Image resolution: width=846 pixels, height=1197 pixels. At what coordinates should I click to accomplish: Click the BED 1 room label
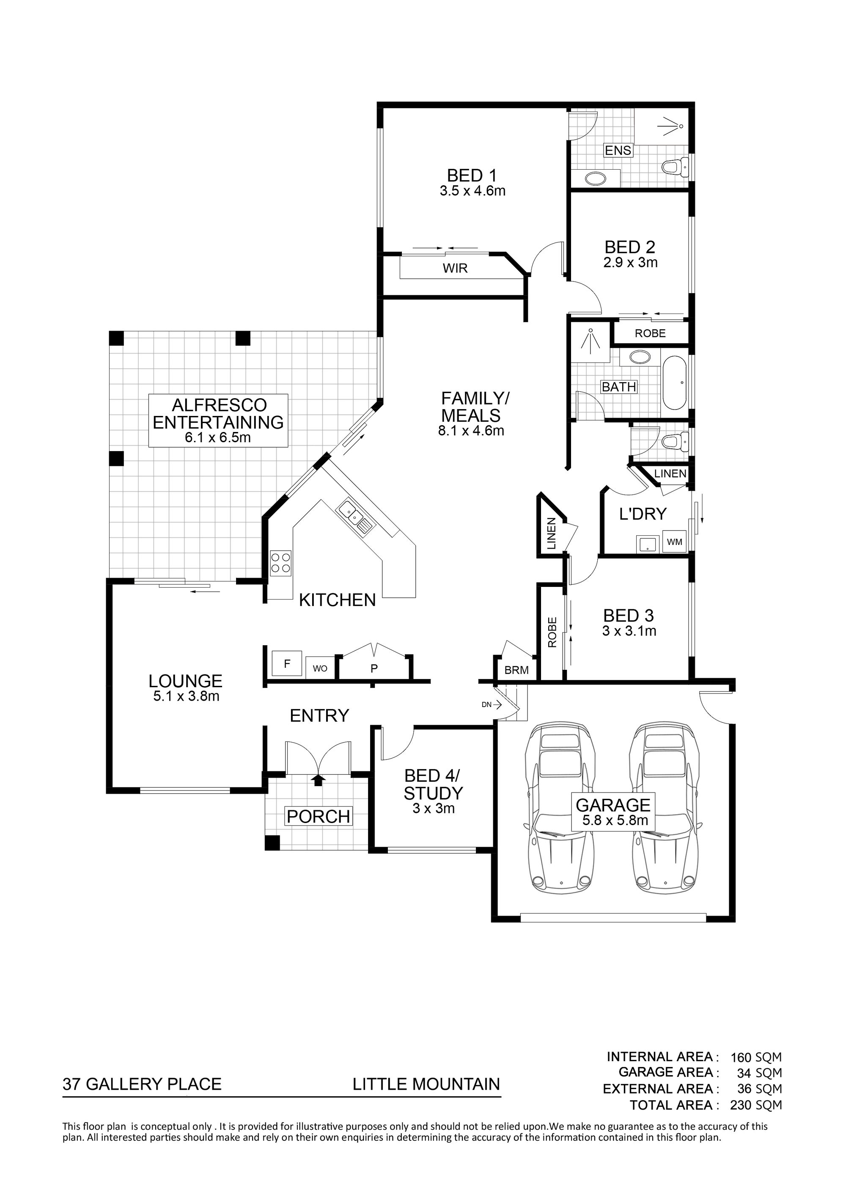[x=472, y=176]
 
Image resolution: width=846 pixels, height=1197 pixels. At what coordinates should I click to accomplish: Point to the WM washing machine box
[x=675, y=542]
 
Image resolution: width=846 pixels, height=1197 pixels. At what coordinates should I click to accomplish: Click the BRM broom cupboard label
[x=516, y=671]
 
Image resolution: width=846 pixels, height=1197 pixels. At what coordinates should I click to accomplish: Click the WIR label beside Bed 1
[x=455, y=269]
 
